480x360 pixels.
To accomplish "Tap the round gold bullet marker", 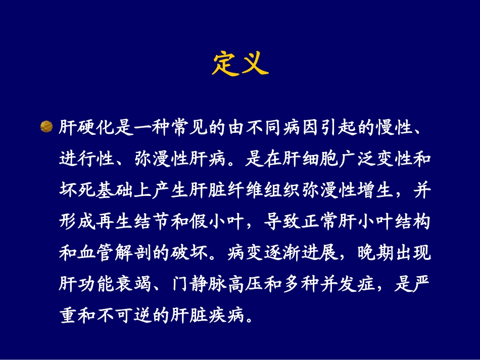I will pyautogui.click(x=46, y=126).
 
